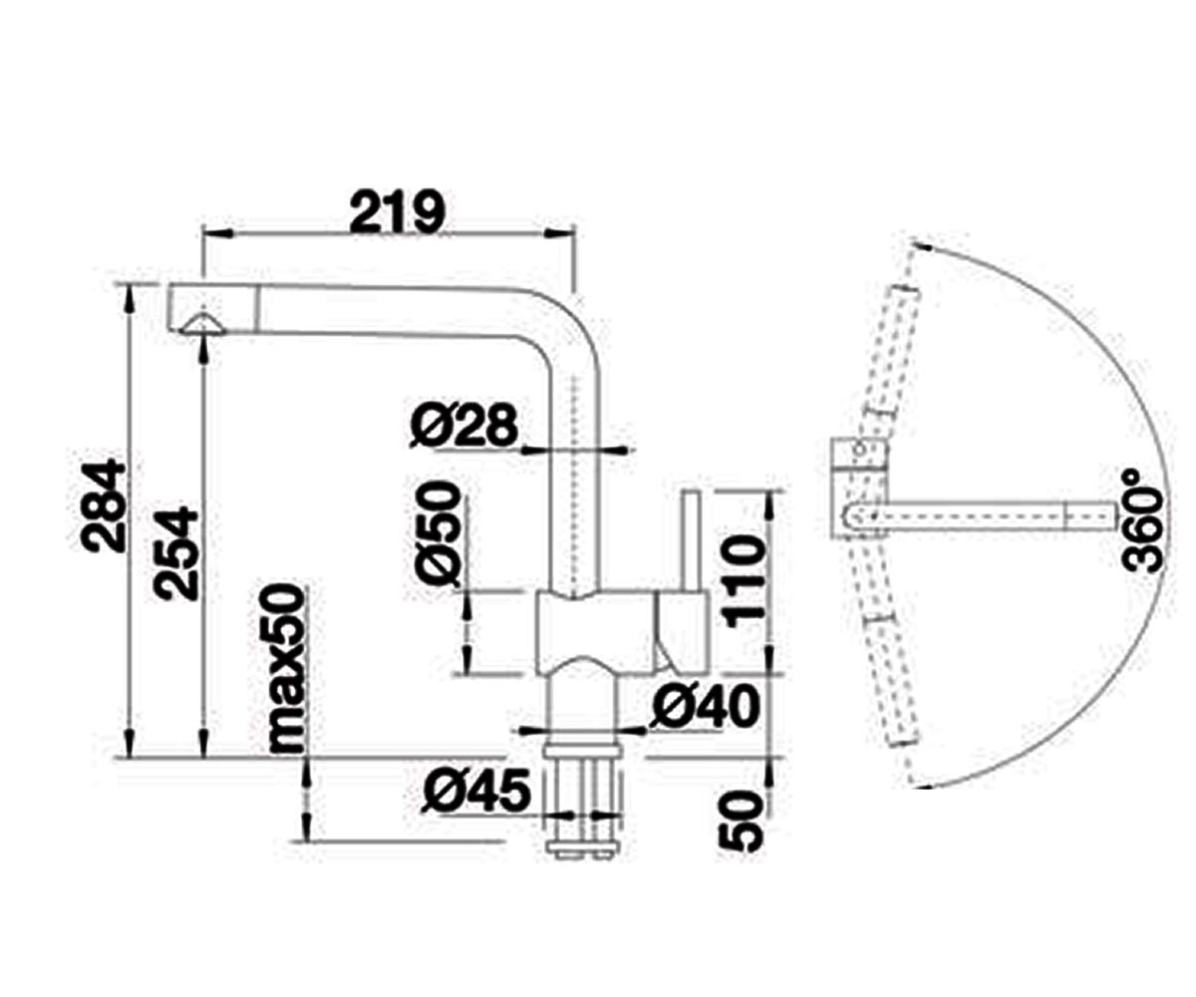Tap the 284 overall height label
(103, 504)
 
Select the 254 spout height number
(177, 553)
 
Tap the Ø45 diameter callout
(476, 792)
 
